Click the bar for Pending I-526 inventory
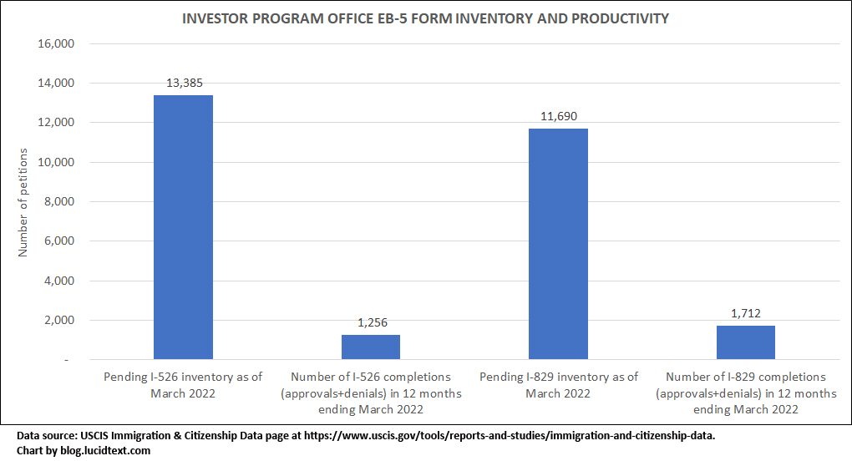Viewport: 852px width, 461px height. pos(183,227)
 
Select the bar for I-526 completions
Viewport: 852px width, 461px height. pos(371,347)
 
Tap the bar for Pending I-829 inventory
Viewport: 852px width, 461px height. pos(558,244)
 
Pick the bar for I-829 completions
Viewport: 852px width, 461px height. pos(745,342)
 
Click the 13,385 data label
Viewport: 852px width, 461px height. pos(183,83)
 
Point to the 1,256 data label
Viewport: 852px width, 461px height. pos(371,322)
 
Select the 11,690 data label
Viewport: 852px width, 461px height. pos(558,116)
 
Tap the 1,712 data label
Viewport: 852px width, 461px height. pos(745,313)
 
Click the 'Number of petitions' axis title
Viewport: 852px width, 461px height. pos(23,202)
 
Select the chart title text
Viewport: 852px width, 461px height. pos(425,18)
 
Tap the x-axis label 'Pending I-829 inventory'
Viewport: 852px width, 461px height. pos(558,384)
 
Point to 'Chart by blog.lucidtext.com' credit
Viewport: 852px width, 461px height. pos(84,450)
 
